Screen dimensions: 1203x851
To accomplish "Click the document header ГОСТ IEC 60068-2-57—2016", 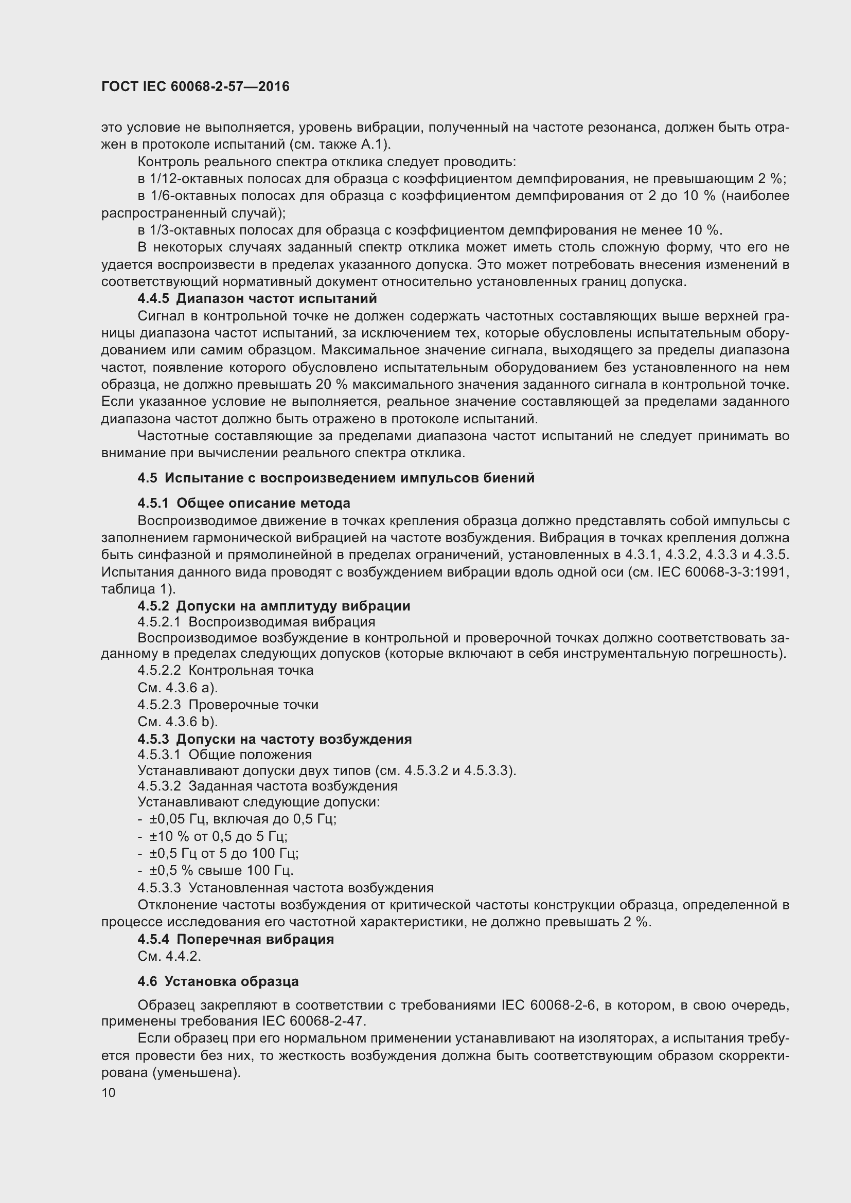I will (195, 86).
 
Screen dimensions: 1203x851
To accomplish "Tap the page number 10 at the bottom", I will (109, 1092).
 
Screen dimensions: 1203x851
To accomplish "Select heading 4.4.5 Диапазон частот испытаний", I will (257, 299).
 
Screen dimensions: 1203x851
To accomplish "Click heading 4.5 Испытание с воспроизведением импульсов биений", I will (335, 478).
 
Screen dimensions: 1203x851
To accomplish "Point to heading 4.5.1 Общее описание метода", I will (244, 503).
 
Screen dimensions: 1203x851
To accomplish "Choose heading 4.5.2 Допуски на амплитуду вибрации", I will (274, 606).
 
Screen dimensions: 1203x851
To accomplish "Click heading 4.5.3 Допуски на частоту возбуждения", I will (275, 739).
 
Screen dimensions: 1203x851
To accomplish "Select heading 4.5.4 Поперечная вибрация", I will (236, 939).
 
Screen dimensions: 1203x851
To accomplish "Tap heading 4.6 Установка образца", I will (218, 981).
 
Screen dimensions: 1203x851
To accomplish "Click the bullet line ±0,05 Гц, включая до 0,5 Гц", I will (242, 818).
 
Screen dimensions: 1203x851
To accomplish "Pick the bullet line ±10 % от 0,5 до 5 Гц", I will (218, 836).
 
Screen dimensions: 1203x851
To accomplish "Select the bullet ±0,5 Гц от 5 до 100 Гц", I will (223, 853).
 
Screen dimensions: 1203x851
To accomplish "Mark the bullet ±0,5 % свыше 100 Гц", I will (221, 870).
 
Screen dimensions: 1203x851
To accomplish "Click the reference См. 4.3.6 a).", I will (177, 688).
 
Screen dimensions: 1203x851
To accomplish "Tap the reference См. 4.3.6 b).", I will (177, 722).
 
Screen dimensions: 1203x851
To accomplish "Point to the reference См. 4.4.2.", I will (169, 956).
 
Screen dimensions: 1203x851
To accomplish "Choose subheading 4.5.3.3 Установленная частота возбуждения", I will (286, 888).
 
